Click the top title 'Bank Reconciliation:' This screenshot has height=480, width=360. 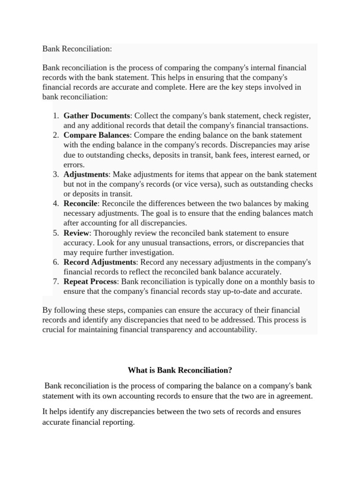point(77,49)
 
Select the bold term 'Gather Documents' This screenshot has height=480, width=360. point(97,115)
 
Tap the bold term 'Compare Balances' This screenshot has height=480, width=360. point(96,135)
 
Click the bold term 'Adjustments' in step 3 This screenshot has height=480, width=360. point(86,174)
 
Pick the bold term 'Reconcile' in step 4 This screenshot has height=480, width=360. point(81,203)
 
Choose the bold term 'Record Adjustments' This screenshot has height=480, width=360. point(100,262)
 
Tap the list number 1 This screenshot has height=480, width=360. point(55,115)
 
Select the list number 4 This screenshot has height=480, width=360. point(55,203)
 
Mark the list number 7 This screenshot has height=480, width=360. point(55,282)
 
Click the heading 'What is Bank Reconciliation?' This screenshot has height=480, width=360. point(180,370)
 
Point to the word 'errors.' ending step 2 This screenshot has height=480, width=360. point(74,165)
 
